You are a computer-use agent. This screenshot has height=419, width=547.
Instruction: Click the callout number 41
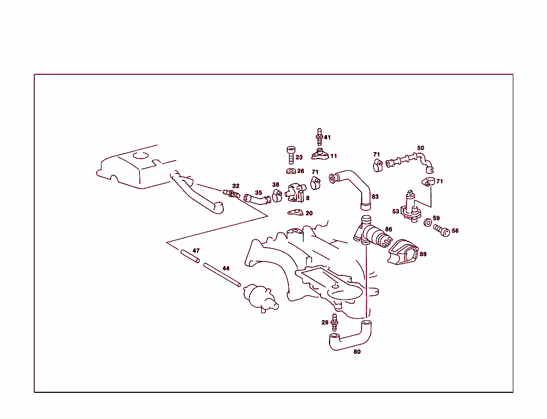[x=327, y=137]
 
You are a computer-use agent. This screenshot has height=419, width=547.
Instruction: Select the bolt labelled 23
[x=291, y=155]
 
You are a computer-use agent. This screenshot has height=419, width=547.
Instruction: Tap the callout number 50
[x=420, y=148]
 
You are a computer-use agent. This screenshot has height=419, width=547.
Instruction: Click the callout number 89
[x=423, y=254]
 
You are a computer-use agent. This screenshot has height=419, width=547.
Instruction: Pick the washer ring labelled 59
[x=428, y=222]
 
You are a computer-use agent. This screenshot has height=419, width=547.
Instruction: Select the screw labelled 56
[x=442, y=231]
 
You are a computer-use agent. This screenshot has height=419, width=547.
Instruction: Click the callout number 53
[x=396, y=211]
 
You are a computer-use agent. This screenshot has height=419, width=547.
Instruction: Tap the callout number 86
[x=388, y=229]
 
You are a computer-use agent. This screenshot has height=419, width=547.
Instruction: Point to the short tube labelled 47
[x=190, y=257]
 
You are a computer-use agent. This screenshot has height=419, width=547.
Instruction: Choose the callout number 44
[x=226, y=268]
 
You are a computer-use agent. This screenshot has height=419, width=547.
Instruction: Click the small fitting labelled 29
[x=335, y=321]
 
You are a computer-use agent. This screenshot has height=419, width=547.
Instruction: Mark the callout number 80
[x=357, y=352]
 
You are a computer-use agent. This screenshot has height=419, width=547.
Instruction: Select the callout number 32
[x=236, y=186]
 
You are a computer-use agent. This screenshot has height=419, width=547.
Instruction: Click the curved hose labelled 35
[x=258, y=200]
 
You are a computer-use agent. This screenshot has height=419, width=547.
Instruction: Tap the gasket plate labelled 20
[x=295, y=214]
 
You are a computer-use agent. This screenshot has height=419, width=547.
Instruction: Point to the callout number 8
[x=308, y=198]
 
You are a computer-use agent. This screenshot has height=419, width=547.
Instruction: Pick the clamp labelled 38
[x=277, y=195]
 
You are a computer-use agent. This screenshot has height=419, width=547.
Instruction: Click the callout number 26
[x=301, y=171]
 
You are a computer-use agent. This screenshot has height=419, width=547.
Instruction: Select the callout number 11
[x=333, y=156]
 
